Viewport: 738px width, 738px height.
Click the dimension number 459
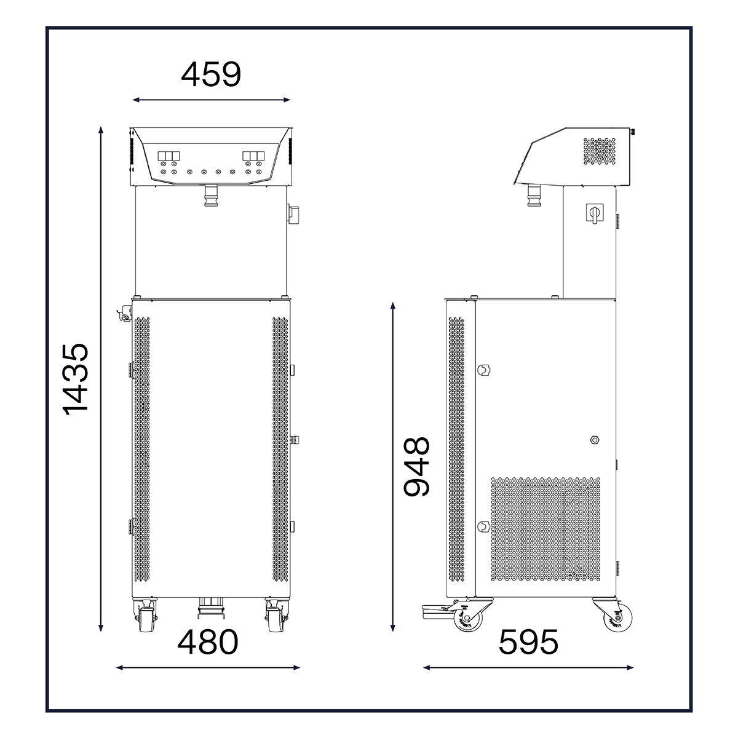coord(211,74)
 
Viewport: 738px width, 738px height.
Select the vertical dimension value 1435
coord(76,379)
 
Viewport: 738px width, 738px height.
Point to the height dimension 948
coord(417,466)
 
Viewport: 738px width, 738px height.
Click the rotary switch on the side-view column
coord(594,213)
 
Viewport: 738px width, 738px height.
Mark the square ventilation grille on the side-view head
coord(600,151)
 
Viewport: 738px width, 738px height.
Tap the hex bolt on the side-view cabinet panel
coord(595,440)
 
